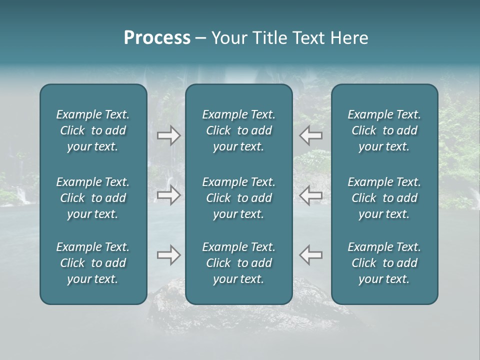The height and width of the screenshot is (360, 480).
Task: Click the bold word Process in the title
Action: [x=157, y=38]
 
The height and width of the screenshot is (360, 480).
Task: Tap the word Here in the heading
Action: [x=349, y=38]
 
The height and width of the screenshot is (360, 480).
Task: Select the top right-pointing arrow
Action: [x=169, y=135]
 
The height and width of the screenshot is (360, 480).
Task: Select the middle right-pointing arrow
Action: [x=169, y=195]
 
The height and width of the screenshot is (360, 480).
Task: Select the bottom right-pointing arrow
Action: [x=169, y=255]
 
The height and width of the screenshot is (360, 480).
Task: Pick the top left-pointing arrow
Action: [x=310, y=135]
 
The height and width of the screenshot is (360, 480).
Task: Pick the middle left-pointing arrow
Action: [x=310, y=195]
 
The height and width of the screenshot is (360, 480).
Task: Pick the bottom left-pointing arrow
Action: [x=310, y=255]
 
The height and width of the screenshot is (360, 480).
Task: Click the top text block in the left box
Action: [x=93, y=130]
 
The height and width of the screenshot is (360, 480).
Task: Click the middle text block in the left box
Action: [x=93, y=198]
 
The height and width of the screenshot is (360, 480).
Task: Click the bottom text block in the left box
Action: [x=93, y=263]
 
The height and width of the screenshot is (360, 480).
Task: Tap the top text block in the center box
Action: [x=239, y=130]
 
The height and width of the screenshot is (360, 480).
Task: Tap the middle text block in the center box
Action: [x=239, y=198]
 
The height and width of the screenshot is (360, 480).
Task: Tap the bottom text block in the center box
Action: [x=239, y=263]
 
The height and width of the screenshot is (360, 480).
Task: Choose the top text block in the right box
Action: [x=384, y=130]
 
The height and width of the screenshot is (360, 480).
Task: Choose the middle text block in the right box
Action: [x=384, y=198]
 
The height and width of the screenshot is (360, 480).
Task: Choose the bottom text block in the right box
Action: [x=384, y=263]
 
